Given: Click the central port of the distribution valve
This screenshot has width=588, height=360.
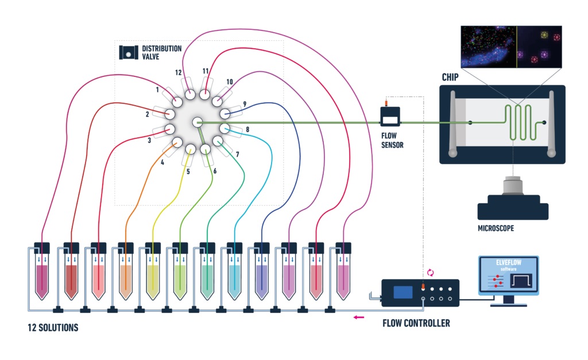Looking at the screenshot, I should point(198,122).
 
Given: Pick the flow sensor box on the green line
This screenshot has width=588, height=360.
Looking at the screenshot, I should point(390,119).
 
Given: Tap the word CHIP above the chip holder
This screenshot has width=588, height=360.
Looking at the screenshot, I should point(450,78).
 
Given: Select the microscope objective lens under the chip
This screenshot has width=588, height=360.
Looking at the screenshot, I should point(509,187).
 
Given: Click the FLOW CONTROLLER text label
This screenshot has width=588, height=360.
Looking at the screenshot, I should point(416,323).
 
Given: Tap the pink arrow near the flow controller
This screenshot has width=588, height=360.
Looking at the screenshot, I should point(359,316).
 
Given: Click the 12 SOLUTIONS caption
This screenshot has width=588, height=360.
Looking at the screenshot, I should point(53,328).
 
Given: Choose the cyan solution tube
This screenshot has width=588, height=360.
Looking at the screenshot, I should point(235,276).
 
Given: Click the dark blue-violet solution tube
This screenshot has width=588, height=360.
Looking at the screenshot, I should point(261,276).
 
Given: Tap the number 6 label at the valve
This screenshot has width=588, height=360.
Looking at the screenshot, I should point(215,171).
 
